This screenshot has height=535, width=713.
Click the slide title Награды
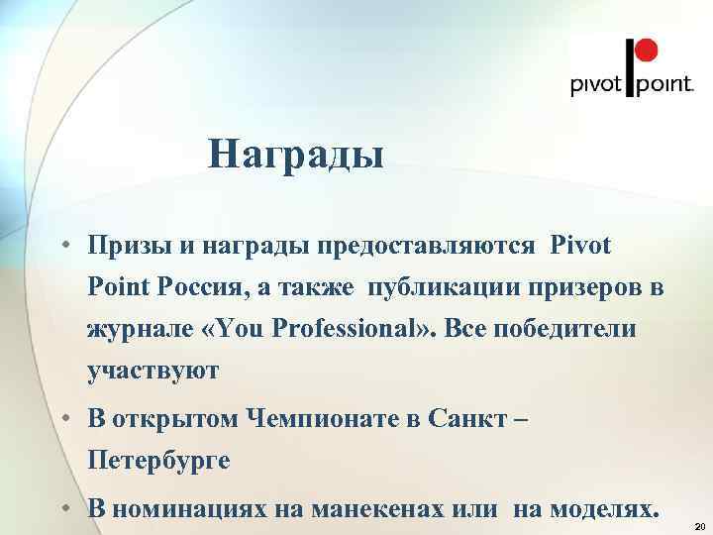point(296,155)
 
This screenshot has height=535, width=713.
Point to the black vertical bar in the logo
point(626,67)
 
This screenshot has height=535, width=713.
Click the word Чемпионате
point(328,419)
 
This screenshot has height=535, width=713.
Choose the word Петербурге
point(158,461)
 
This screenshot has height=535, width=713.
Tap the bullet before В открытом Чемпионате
point(62,419)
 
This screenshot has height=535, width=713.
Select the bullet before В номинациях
point(62,509)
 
